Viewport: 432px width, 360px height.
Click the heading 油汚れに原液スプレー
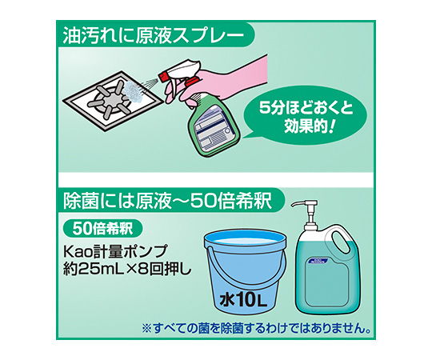click(x=153, y=36)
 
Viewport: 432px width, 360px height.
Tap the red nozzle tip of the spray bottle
click(x=162, y=76)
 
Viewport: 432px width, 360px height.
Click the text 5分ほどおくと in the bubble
click(x=306, y=108)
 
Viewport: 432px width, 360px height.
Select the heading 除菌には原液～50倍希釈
click(x=167, y=201)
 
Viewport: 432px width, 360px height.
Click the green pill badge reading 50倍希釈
click(x=103, y=229)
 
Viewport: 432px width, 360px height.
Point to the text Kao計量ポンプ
click(x=115, y=251)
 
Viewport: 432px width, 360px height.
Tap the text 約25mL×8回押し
click(x=127, y=270)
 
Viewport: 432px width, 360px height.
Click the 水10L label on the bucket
click(x=243, y=300)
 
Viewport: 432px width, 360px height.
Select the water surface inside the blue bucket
click(x=245, y=242)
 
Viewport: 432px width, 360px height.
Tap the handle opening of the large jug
click(x=338, y=244)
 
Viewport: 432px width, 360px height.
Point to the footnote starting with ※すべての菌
click(x=256, y=328)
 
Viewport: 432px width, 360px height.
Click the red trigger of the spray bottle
click(x=192, y=81)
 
